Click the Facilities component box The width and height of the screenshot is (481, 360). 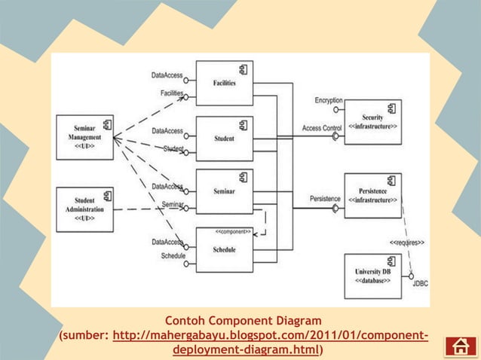pyautogui.click(x=224, y=84)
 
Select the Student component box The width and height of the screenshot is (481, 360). pyautogui.click(x=224, y=139)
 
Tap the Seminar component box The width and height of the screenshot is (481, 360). pyautogui.click(x=224, y=192)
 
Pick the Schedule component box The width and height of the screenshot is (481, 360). pyautogui.click(x=224, y=249)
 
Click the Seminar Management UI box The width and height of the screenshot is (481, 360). pyautogui.click(x=84, y=137)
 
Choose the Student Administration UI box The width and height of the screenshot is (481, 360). pyautogui.click(x=84, y=209)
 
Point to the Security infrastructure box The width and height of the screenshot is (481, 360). pyautogui.click(x=372, y=122)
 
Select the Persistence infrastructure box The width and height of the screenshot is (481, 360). pyautogui.click(x=372, y=196)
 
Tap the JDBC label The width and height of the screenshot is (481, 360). pyautogui.click(x=421, y=284)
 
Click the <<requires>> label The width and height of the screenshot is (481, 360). pyautogui.click(x=406, y=243)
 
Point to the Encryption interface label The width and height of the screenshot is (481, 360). pyautogui.click(x=328, y=100)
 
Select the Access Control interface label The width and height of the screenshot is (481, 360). pyautogui.click(x=322, y=128)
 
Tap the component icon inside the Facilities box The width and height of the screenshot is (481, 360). pyautogui.click(x=244, y=69)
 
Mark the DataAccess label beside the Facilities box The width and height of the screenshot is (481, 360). pyautogui.click(x=167, y=75)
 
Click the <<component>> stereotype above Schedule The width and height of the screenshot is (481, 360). pyautogui.click(x=233, y=232)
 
